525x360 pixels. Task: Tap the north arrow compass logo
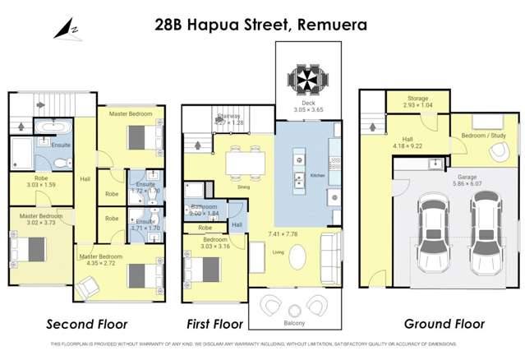click(x=64, y=30)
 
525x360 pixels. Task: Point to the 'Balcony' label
click(x=294, y=323)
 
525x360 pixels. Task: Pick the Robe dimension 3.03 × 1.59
click(x=41, y=185)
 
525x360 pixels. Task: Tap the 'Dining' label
click(x=243, y=187)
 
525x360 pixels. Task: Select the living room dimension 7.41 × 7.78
click(x=293, y=234)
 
